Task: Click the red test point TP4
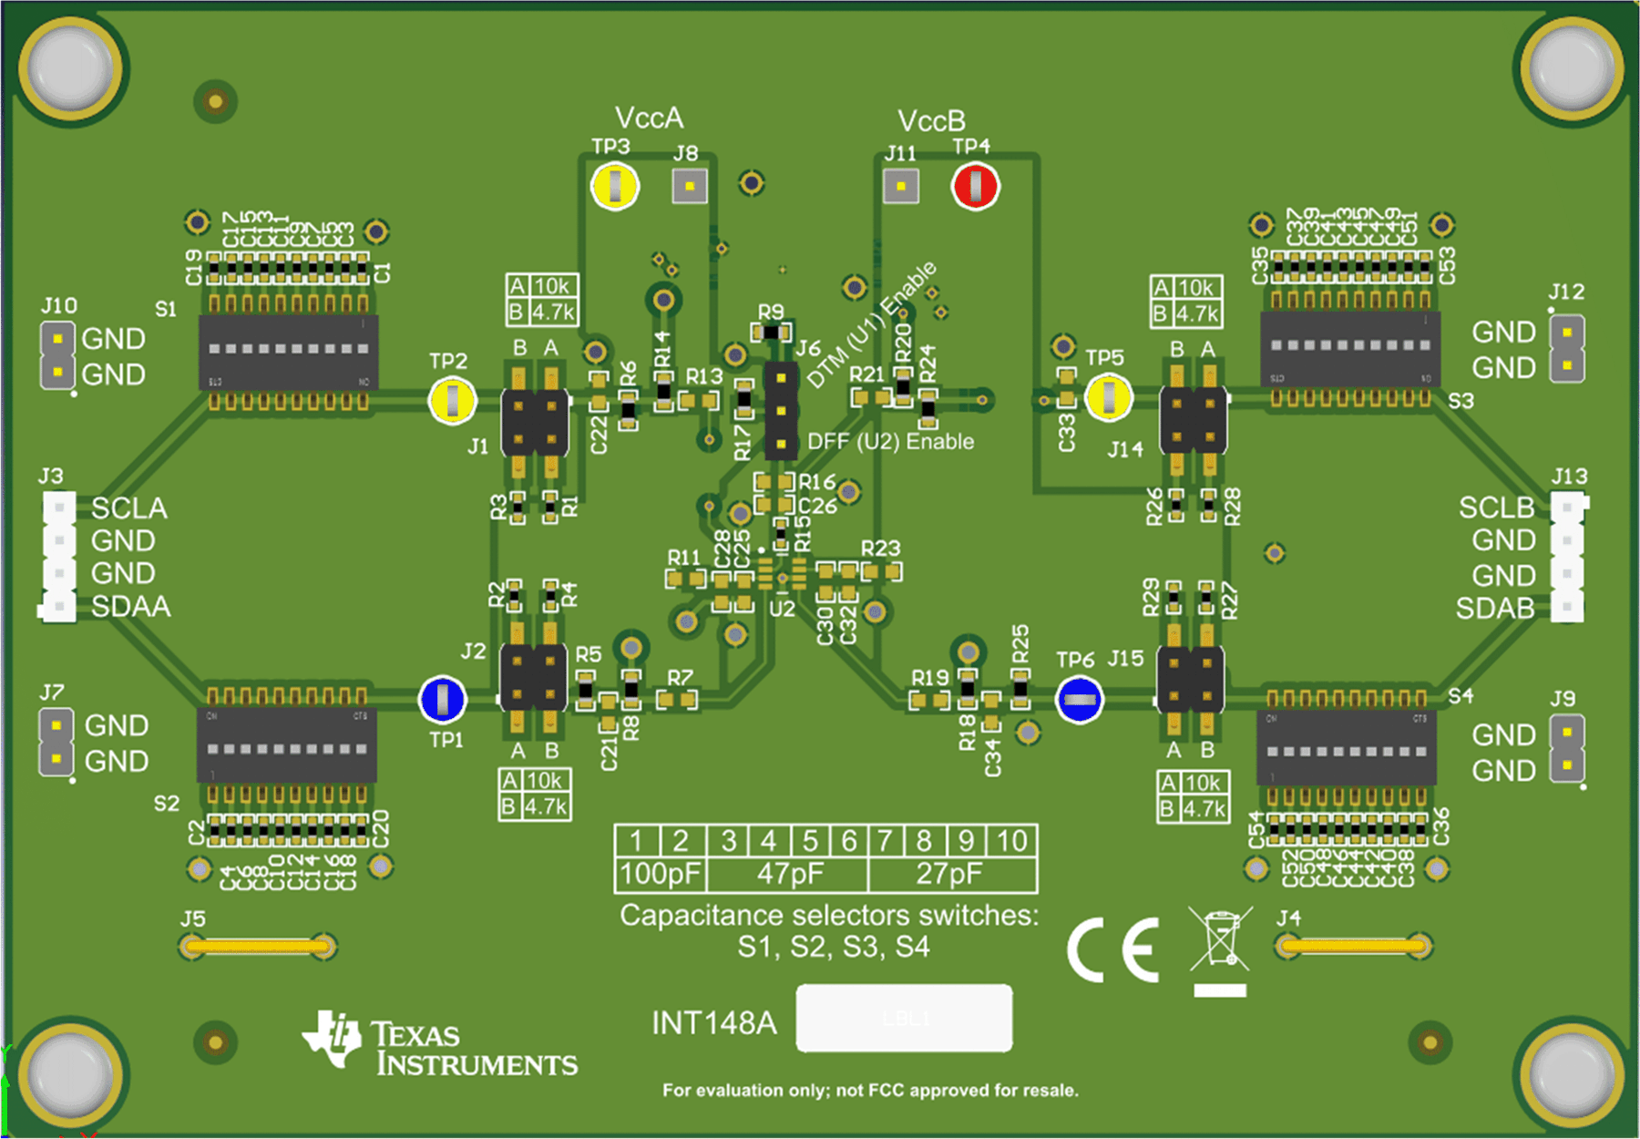[x=975, y=187]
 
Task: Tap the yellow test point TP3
[x=615, y=186]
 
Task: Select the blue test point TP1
[x=443, y=700]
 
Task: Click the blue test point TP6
[x=1079, y=700]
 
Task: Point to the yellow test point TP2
[x=452, y=400]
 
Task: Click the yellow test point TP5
[x=1109, y=398]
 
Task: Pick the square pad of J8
[x=690, y=187]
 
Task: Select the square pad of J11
[x=901, y=187]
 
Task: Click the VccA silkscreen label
[x=649, y=118]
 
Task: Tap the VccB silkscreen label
[x=931, y=121]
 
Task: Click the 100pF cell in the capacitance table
[x=661, y=874]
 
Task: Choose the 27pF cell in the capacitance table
[x=949, y=874]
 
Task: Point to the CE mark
[x=1113, y=949]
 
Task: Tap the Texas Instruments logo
[x=440, y=1044]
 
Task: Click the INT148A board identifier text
[x=714, y=1023]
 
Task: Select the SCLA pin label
[x=129, y=508]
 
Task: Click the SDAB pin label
[x=1494, y=608]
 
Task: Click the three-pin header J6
[x=781, y=411]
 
